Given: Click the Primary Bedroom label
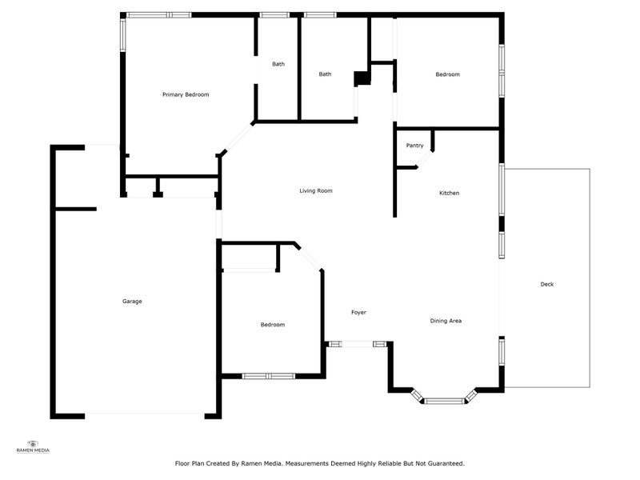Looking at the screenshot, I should coord(186,94).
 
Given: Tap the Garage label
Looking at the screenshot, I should coord(132,301).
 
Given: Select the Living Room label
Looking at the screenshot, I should coord(315,190).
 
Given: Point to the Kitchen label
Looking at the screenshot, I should coord(449,193).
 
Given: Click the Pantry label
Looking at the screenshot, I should coord(414,145).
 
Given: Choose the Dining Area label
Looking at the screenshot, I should coord(446,321).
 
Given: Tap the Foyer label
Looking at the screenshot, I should coord(358,312).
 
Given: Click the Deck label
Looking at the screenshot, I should coord(547,284).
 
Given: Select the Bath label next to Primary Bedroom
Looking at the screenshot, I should coord(278,64).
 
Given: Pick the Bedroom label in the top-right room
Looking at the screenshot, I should coord(447,74).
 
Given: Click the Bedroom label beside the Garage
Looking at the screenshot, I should coord(272,324).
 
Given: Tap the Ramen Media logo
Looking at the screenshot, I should coord(33,446).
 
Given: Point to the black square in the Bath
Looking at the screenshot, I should coord(362,78).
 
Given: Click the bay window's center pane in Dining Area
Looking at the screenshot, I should coord(445,400).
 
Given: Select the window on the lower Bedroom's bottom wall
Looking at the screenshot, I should coord(269,375).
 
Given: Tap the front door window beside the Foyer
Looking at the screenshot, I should coord(357,344).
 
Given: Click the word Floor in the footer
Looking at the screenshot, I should coord(182,462).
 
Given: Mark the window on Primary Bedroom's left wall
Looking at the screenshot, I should coord(123,34).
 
